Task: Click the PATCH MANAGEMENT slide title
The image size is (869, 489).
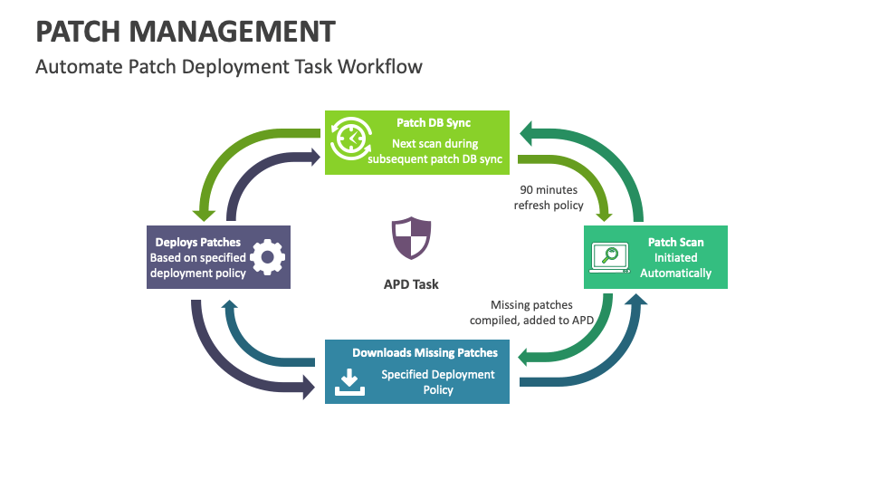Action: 185,31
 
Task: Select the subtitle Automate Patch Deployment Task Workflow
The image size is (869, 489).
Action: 228,67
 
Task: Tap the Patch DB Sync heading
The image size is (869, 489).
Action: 434,123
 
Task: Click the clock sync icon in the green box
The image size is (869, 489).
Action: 350,140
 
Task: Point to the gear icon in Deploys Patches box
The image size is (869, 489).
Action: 266,257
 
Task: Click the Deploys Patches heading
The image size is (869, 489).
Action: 198,242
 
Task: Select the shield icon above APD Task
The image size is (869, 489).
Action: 411,239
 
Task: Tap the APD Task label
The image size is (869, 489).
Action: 411,284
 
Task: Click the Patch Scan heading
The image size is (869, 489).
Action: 675,242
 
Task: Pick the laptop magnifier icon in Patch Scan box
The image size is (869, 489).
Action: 609,257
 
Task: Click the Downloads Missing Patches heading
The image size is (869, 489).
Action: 425,352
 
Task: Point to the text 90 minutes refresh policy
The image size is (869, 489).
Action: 549,197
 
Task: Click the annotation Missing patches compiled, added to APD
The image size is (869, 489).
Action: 531,312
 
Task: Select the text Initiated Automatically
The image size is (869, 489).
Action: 675,265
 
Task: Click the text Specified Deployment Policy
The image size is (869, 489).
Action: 437,382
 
